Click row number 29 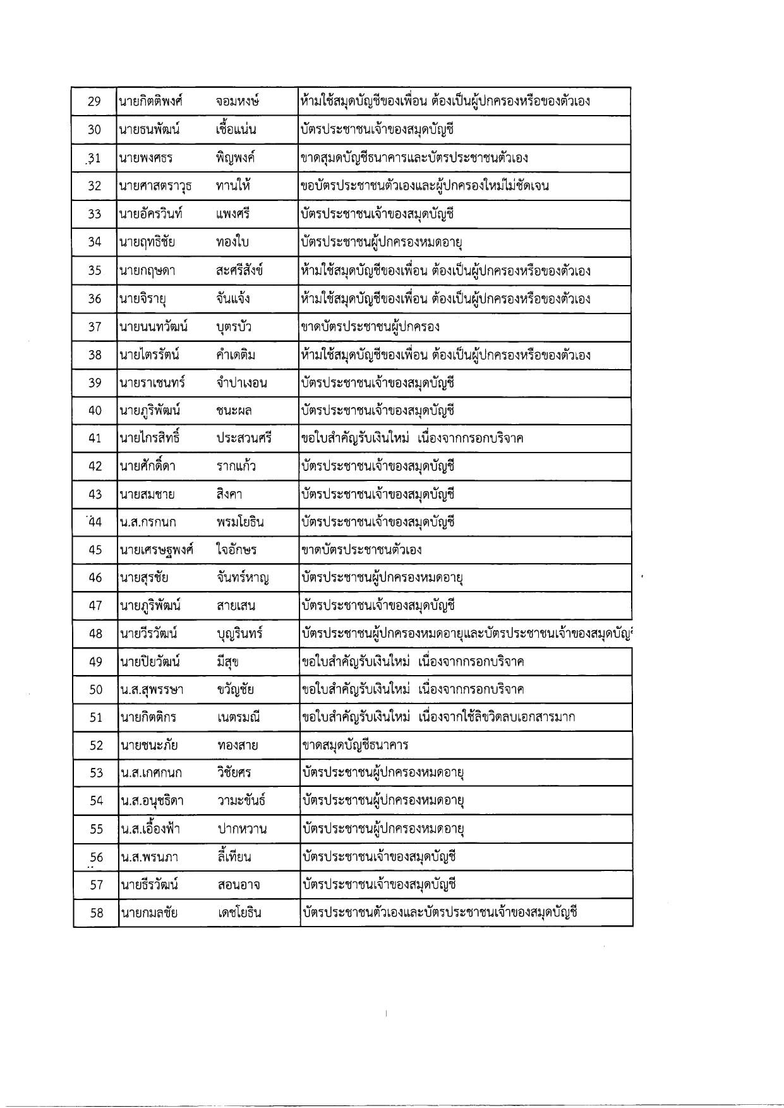coord(94,102)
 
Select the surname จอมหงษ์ coord(238,102)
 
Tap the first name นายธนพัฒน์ coord(149,130)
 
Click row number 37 coord(95,327)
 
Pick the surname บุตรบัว coord(234,327)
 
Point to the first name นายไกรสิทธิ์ coord(149,438)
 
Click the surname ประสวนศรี coord(243,438)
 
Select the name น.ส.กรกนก coord(148,521)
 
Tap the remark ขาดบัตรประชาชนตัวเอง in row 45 coord(362,549)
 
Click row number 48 coord(95,633)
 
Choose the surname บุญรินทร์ coord(239,633)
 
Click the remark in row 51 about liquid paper coord(439,717)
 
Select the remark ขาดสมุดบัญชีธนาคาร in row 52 coord(356,745)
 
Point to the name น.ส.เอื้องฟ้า coord(151,829)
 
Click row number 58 coord(96,912)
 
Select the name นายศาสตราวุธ coord(155,186)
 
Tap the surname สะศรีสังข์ coord(239,271)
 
